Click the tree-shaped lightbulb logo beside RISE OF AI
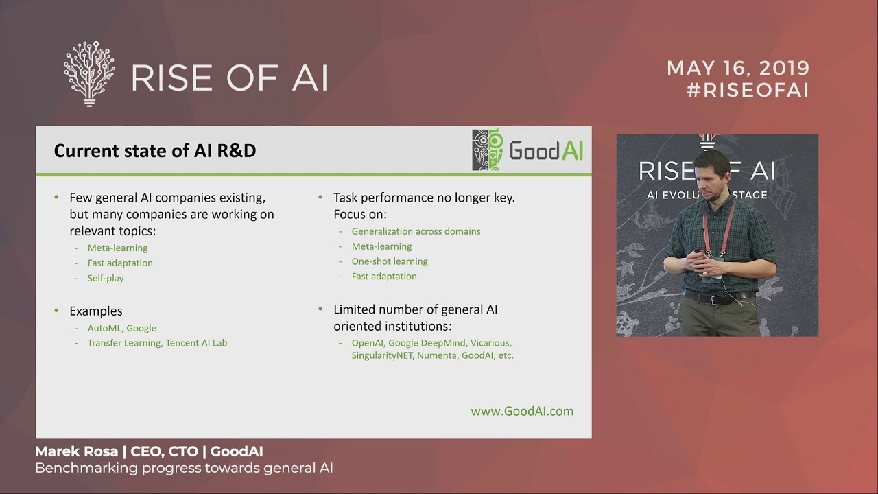point(89,74)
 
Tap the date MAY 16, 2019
point(738,69)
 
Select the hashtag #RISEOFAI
point(748,91)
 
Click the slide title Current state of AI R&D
point(155,151)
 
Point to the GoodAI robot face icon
point(488,150)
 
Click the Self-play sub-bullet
point(106,278)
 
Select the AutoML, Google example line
point(122,328)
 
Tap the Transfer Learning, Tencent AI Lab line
point(157,343)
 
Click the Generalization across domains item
point(416,231)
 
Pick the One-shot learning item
point(390,261)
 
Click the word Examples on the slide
point(96,311)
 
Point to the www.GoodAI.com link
point(522,411)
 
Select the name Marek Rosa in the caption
point(76,451)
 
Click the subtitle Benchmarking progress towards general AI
point(184,469)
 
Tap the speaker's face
point(711,178)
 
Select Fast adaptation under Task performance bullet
point(384,277)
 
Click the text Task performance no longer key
point(424,198)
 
